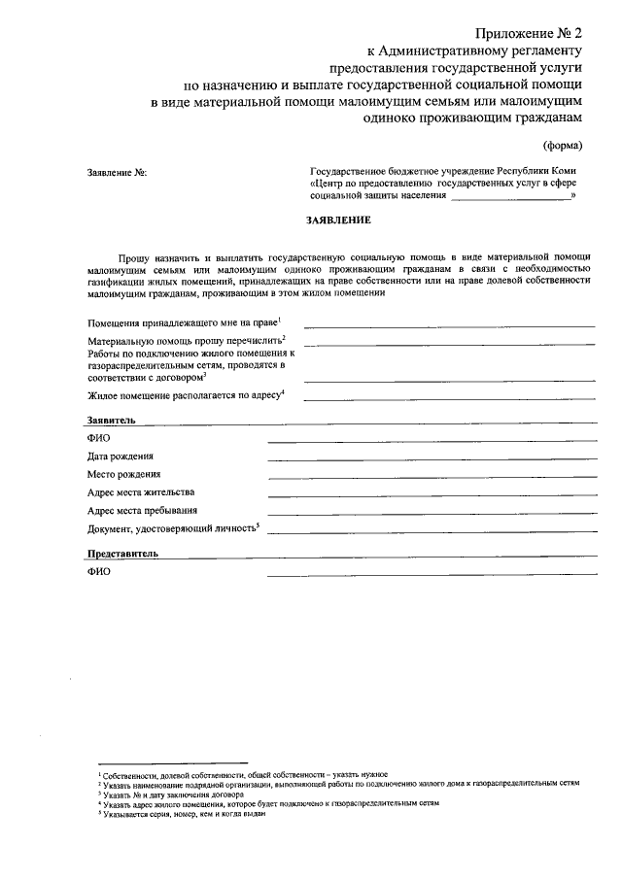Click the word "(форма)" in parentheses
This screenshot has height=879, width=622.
[563, 146]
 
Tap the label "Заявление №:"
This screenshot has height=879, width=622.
[117, 173]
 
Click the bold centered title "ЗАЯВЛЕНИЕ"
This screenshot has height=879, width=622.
[339, 220]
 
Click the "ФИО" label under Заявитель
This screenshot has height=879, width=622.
[98, 439]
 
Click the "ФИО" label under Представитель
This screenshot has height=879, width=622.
[98, 571]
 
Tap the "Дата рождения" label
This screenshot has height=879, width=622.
[120, 456]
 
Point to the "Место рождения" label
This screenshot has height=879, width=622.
[123, 474]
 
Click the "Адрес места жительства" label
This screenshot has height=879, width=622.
[141, 491]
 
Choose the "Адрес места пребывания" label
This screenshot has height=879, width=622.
[142, 510]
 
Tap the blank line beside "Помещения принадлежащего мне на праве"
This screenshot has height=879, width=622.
[449, 325]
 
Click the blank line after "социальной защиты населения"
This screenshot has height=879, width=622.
[510, 198]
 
